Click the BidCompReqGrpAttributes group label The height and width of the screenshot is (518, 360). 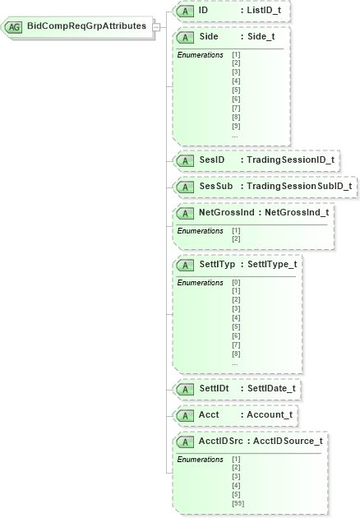[x=86, y=26]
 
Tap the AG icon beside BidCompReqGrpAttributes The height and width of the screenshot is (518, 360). [x=14, y=27]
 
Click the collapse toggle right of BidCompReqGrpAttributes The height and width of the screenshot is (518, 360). [x=155, y=26]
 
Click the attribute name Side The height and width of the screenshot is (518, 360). [x=209, y=38]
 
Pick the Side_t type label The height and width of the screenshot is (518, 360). [x=258, y=38]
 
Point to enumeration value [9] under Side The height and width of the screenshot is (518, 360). [x=236, y=126]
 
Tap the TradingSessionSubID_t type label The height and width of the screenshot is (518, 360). [x=299, y=186]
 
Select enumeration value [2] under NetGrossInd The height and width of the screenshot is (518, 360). [x=236, y=238]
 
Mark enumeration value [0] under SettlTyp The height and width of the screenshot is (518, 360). [x=236, y=282]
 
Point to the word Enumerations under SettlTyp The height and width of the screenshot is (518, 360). [x=201, y=282]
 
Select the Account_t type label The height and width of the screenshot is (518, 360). [x=270, y=415]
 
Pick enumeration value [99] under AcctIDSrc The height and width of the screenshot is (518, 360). [x=238, y=503]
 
